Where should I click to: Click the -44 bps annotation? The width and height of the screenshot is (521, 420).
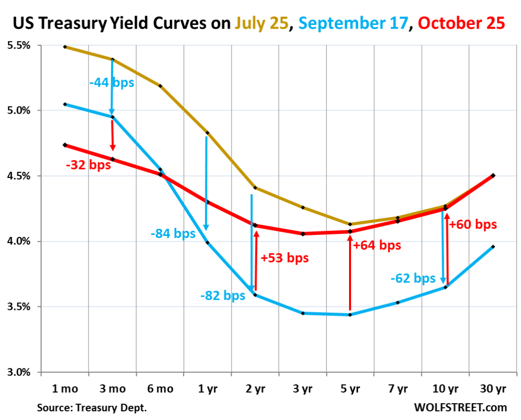[x=111, y=82]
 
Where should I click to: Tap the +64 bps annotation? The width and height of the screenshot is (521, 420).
[x=377, y=245]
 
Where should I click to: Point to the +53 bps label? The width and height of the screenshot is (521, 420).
[x=284, y=257]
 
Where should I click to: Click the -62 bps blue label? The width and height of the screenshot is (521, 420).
[x=413, y=278]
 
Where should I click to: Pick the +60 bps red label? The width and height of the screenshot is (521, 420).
[x=473, y=224]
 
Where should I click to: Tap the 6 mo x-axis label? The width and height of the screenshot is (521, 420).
[x=160, y=389]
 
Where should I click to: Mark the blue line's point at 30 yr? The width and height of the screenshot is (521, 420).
[x=493, y=247]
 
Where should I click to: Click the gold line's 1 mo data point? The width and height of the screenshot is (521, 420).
[x=65, y=47]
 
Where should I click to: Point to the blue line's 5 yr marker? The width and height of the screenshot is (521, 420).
[x=350, y=314]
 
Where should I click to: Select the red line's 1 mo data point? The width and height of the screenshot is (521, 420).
[x=65, y=145]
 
